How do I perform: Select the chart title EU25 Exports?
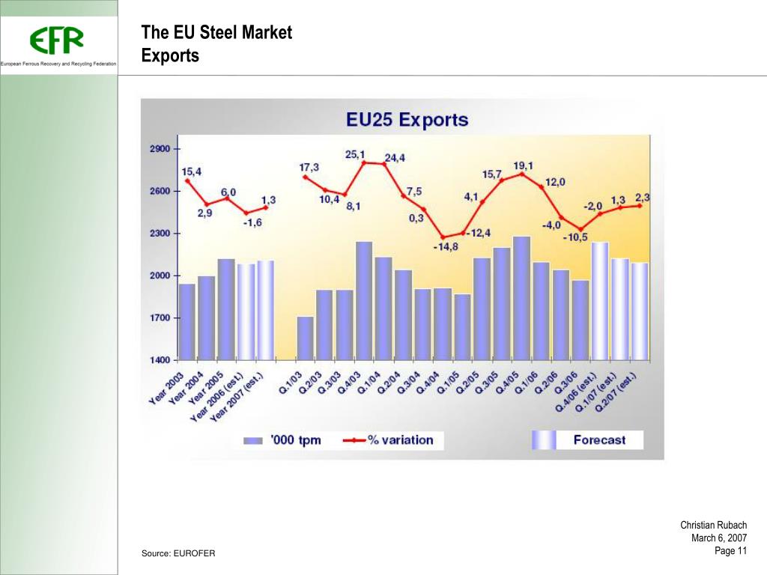click(407, 120)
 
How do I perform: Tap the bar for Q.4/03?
click(364, 299)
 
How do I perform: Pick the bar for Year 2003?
click(187, 321)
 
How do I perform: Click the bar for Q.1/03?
click(306, 338)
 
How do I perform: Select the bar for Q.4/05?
click(522, 297)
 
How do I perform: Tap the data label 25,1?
click(355, 154)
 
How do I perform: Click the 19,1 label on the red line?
click(524, 165)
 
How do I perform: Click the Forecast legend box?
click(588, 439)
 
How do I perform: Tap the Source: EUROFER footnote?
click(178, 553)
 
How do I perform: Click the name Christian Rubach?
click(713, 526)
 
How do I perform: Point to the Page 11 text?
click(730, 551)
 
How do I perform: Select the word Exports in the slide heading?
click(170, 55)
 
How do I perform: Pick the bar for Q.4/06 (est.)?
click(600, 300)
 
